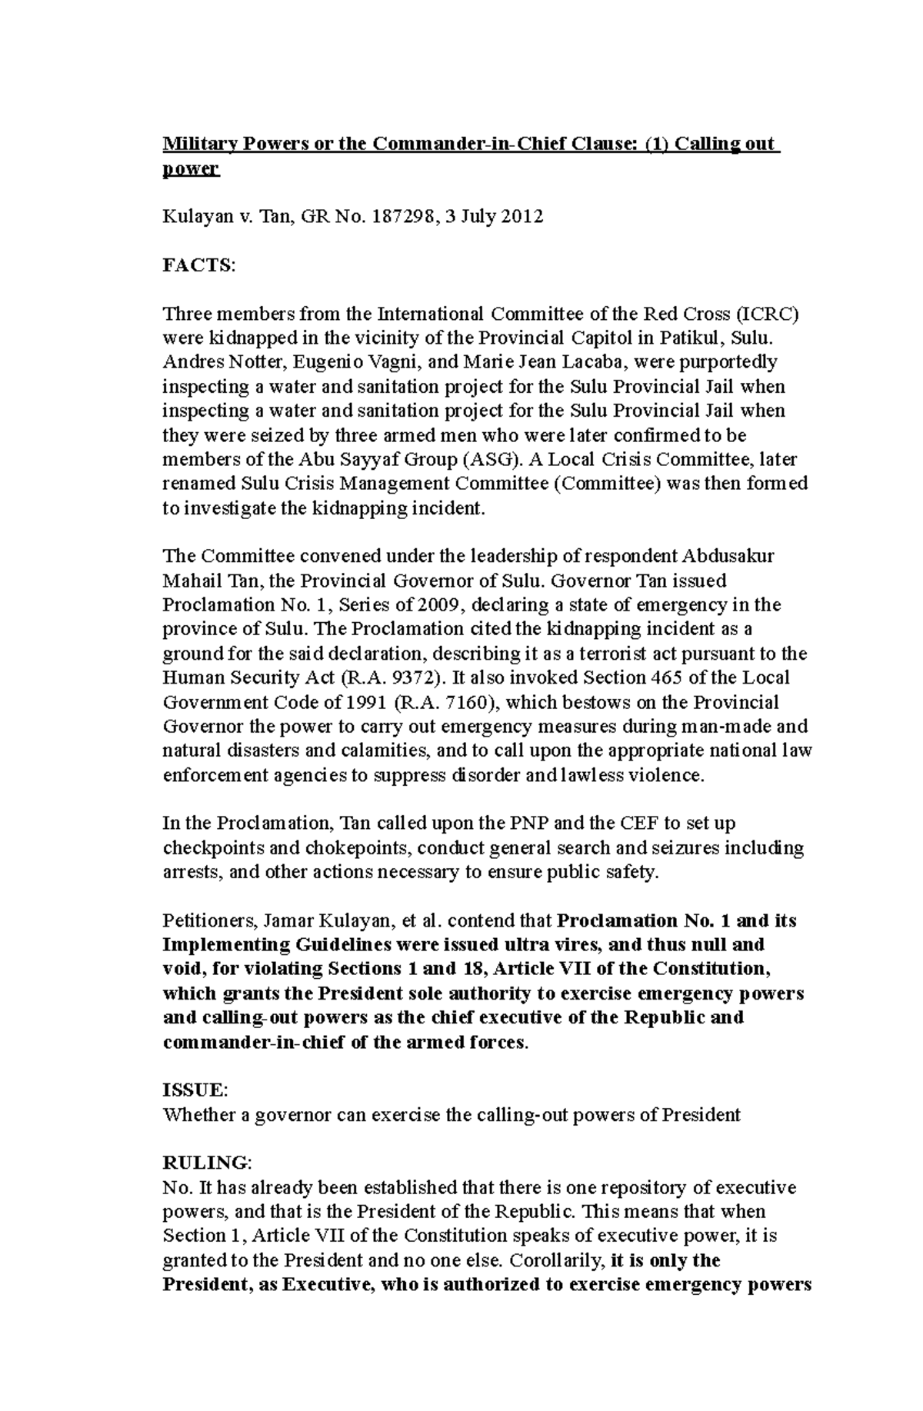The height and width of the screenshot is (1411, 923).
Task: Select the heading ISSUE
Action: click(x=193, y=1090)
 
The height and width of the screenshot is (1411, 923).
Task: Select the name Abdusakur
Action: click(x=728, y=556)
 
